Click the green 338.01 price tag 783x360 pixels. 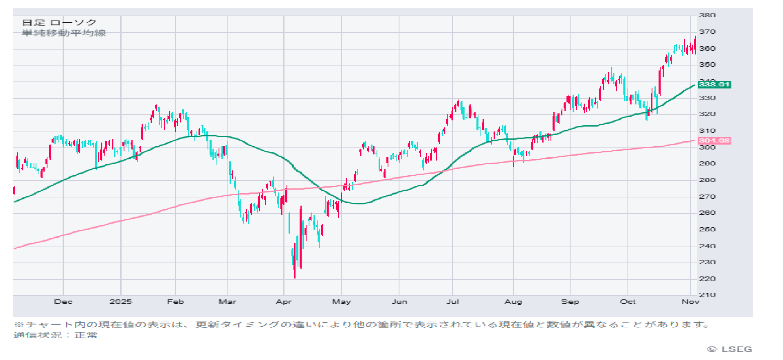[714, 85]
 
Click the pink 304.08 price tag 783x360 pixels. [714, 141]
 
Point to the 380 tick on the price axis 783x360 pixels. [707, 16]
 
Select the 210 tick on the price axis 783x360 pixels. [707, 295]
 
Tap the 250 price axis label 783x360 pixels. [707, 229]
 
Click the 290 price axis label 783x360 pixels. [707, 163]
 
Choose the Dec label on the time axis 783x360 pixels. [63, 302]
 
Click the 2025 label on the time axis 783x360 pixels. [121, 302]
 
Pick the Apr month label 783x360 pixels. [284, 302]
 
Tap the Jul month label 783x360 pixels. [452, 302]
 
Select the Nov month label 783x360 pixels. [690, 302]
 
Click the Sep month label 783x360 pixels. [570, 302]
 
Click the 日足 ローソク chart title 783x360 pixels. [59, 23]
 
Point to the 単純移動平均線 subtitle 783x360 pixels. [64, 33]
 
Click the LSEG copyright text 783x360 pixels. [730, 349]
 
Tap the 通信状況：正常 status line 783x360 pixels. [55, 335]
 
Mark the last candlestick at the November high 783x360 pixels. [695, 45]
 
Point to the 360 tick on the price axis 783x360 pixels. [707, 48]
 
